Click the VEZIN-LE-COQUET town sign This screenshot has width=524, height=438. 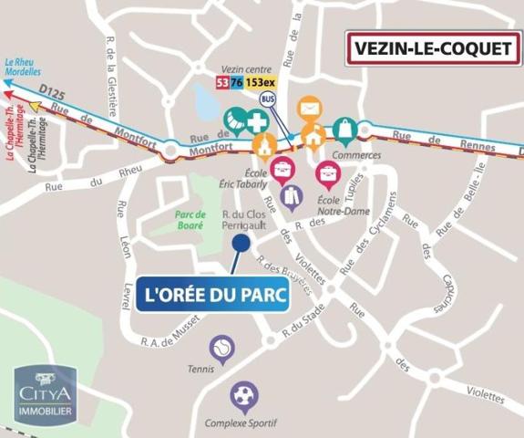[432, 48]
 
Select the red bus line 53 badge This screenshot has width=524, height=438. [221, 82]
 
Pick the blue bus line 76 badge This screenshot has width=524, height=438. [237, 82]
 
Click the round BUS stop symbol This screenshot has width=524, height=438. [268, 99]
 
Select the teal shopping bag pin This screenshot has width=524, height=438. [345, 130]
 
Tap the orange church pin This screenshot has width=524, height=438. [264, 145]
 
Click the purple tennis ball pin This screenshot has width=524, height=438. [221, 347]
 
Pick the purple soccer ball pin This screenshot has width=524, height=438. [244, 395]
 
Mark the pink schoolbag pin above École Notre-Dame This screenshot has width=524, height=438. [327, 172]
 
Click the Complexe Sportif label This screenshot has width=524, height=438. [241, 423]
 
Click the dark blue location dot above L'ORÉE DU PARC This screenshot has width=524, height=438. [241, 243]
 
